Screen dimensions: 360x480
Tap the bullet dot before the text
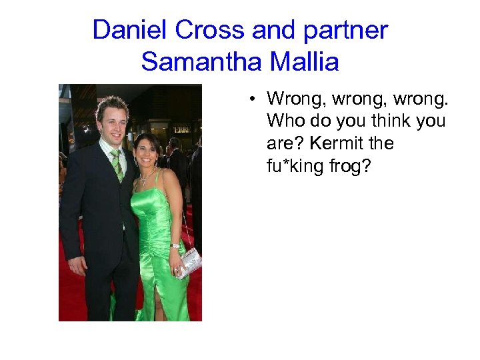[x=253, y=100]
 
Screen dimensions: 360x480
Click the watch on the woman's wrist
[x=175, y=246]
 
